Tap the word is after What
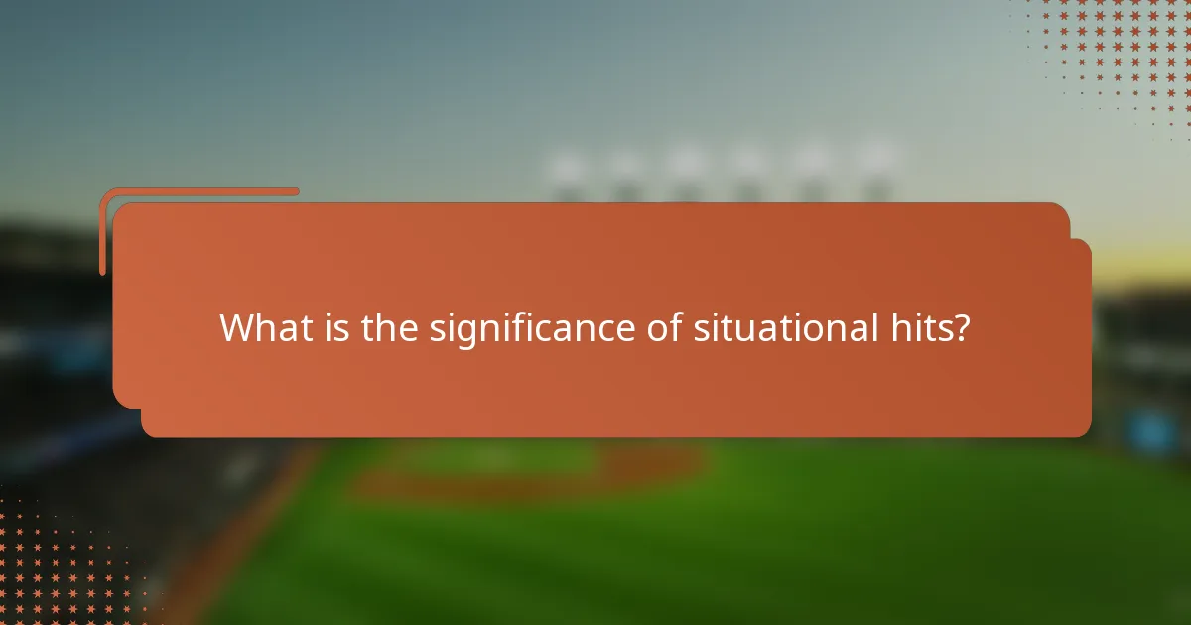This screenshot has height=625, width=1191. [335, 327]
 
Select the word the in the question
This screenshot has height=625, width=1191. [391, 327]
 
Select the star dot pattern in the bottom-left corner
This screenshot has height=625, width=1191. [60, 565]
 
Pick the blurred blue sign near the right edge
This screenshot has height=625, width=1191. [1151, 429]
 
